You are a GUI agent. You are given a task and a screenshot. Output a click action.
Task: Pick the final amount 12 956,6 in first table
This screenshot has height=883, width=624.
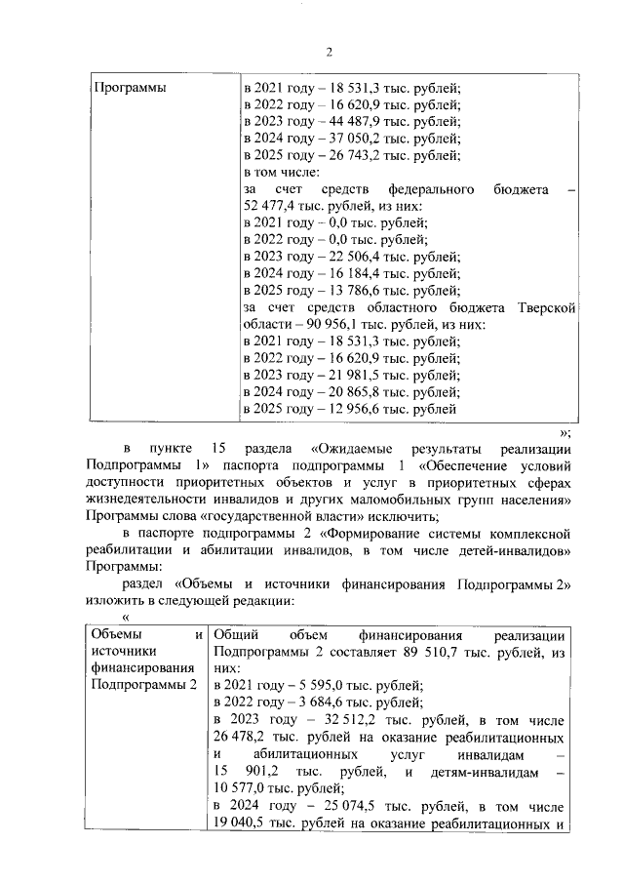click(x=350, y=409)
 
